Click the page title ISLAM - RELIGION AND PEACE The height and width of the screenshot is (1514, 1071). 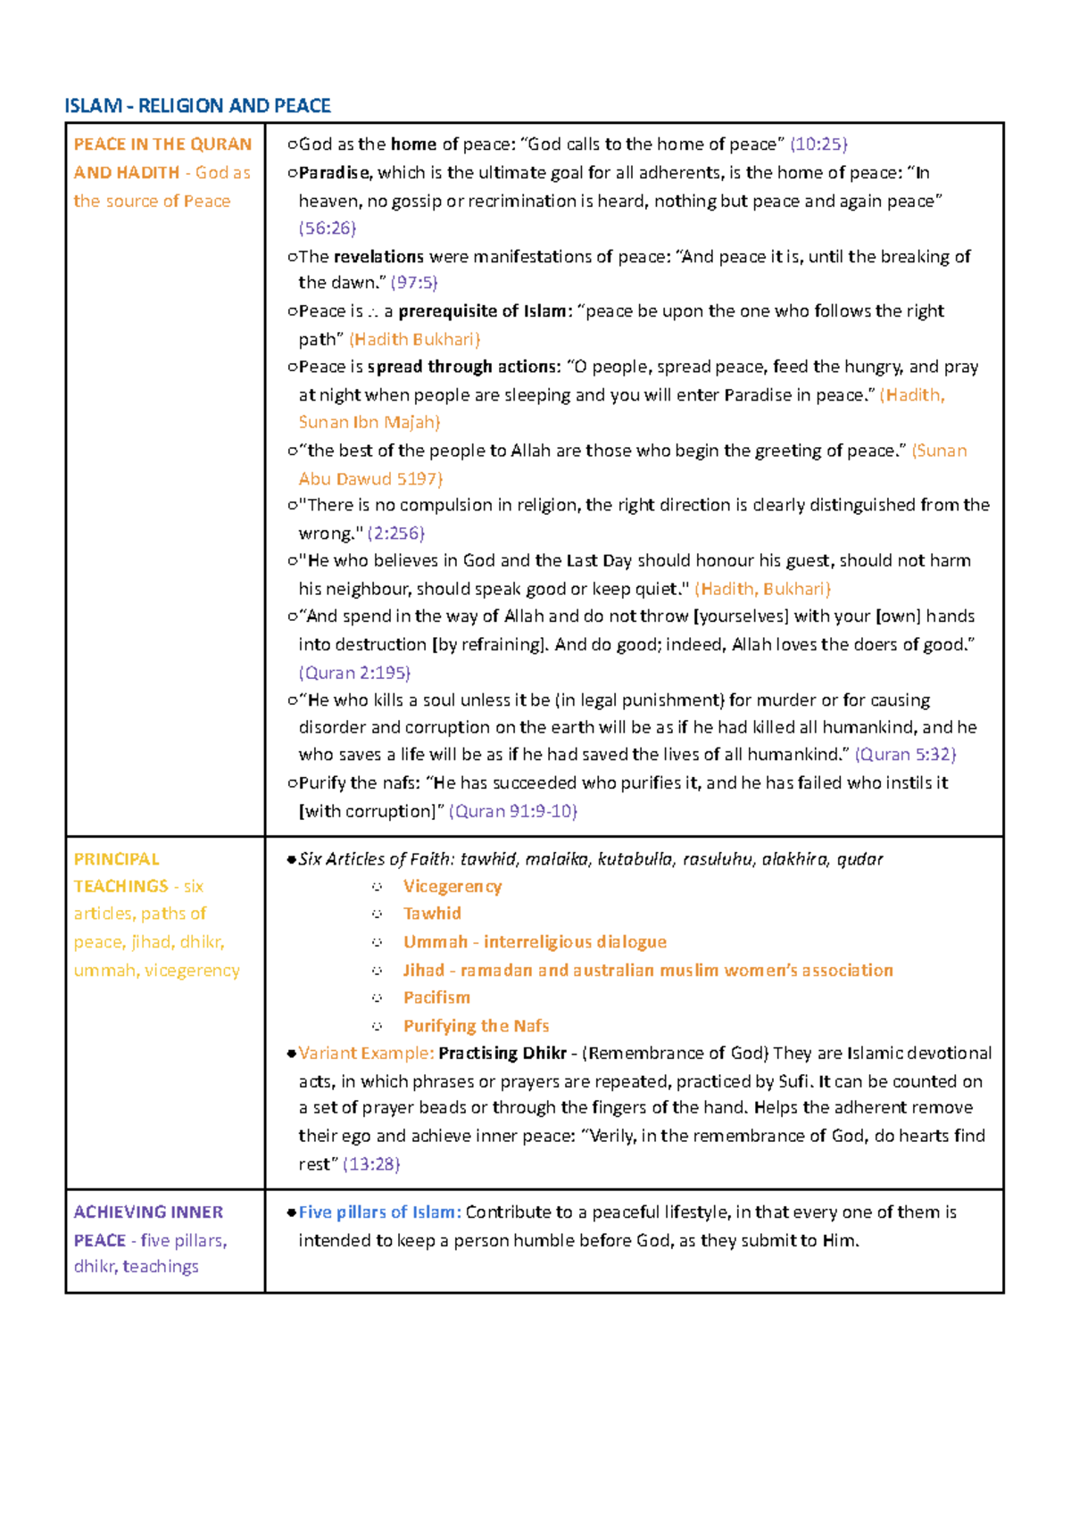(197, 106)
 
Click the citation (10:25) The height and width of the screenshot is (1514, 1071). (818, 145)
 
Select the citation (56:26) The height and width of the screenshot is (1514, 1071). (328, 228)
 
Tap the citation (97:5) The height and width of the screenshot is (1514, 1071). (414, 283)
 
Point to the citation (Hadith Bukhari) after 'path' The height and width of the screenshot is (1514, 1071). (415, 339)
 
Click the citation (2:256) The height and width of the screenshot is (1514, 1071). (395, 534)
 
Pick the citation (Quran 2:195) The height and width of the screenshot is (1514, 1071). (354, 673)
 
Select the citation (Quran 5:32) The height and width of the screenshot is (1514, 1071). (905, 755)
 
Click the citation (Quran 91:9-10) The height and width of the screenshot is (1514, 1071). (513, 811)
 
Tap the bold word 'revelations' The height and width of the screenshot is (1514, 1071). (378, 257)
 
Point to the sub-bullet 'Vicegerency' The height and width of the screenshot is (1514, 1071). (452, 887)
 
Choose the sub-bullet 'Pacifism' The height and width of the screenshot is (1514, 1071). (436, 997)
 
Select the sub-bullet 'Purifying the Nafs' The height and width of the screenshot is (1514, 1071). (476, 1026)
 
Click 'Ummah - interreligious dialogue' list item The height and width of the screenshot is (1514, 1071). (535, 942)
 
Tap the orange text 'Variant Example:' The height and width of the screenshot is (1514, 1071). (366, 1054)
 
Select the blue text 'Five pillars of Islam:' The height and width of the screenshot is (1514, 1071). (379, 1212)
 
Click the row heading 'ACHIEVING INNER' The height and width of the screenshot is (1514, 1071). (148, 1212)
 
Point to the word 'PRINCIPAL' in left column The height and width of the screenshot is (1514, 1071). (116, 859)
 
